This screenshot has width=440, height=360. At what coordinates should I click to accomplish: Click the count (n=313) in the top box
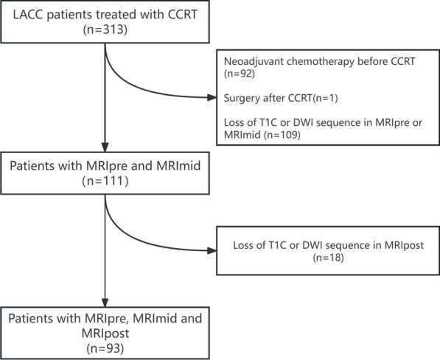tap(105, 29)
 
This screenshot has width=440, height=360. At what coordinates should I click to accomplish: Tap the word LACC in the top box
tap(28, 15)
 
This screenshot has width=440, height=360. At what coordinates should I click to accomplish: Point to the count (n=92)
tap(239, 74)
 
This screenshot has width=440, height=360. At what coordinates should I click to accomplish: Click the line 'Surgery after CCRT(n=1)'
tap(281, 98)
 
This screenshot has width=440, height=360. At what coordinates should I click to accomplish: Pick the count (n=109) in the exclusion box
tap(282, 135)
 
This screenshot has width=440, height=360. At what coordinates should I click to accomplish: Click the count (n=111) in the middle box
tap(105, 181)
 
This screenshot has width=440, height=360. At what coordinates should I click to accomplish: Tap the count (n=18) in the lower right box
tap(328, 258)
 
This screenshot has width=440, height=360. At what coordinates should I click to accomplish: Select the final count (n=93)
tap(105, 348)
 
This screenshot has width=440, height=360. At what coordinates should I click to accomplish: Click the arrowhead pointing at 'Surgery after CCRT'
tap(212, 98)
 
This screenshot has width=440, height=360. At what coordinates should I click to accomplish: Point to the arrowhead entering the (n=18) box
tap(212, 250)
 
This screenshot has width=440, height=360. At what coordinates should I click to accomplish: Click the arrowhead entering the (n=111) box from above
tap(105, 147)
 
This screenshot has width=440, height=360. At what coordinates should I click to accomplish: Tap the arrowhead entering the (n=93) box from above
tap(105, 303)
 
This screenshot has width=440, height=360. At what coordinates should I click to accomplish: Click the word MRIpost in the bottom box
tap(105, 333)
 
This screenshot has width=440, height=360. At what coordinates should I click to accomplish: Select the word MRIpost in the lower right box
tap(404, 245)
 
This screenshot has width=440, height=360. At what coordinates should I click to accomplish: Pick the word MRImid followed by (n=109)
tap(242, 135)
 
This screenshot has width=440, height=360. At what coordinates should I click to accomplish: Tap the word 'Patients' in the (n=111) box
tap(32, 166)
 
